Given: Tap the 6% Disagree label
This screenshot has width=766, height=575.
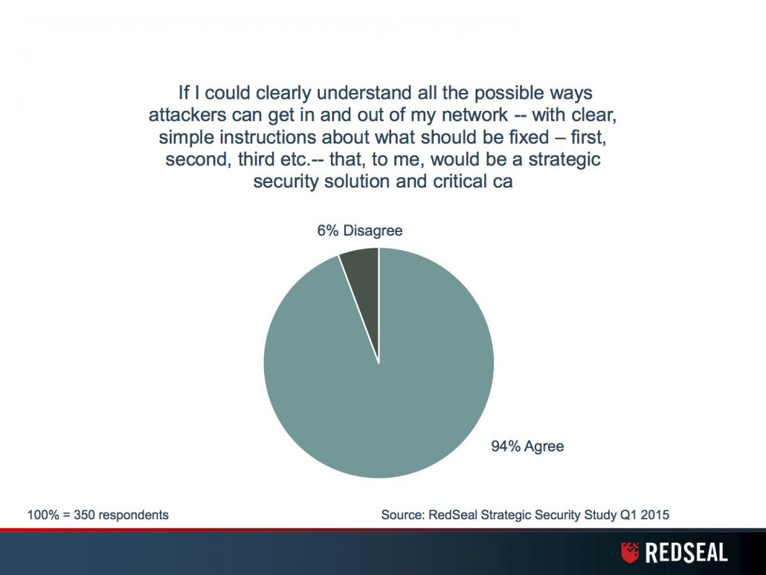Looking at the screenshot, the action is click(359, 230).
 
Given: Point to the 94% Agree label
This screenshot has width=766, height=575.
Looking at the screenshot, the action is click(527, 446).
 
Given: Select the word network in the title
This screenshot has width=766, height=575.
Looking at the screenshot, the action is click(474, 115).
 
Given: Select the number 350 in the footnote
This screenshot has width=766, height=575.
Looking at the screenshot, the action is click(83, 515).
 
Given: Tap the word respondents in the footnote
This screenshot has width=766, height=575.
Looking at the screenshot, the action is click(132, 515).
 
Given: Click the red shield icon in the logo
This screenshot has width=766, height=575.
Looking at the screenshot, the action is click(630, 553).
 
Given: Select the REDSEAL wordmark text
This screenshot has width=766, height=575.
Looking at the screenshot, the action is click(686, 553).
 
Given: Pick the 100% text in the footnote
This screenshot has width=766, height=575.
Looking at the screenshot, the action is click(43, 515).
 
